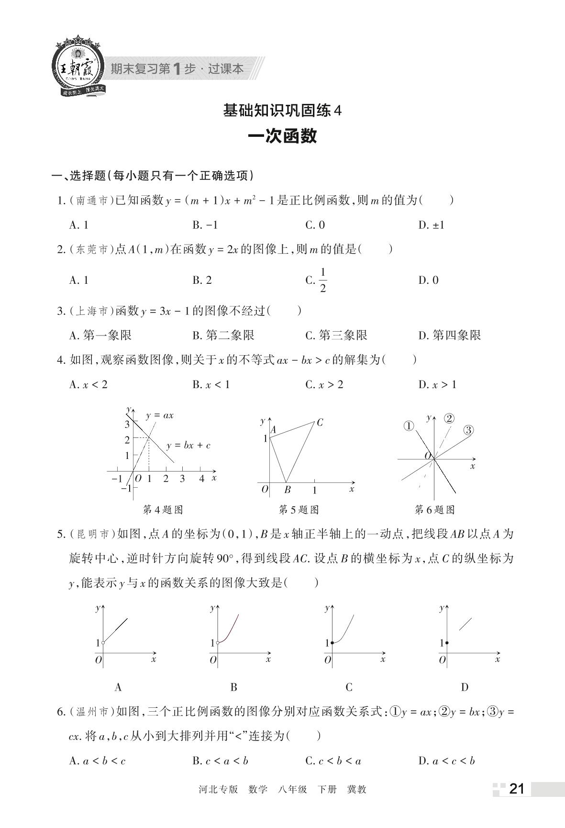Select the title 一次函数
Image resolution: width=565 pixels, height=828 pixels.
click(282, 136)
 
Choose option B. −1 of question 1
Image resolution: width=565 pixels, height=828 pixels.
click(205, 225)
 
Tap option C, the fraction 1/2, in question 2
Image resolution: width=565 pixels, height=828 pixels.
click(317, 280)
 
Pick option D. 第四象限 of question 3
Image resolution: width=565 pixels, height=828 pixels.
click(449, 336)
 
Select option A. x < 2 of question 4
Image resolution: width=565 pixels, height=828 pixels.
click(89, 385)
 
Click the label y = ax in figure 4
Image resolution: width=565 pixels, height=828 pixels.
click(160, 415)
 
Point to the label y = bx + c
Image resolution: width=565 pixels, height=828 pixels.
click(188, 446)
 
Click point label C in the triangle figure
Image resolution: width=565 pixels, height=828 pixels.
click(320, 422)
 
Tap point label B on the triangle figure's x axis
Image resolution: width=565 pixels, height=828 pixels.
click(288, 490)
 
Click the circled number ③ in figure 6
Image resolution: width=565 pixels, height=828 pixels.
click(468, 430)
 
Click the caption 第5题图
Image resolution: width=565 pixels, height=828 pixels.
click(299, 510)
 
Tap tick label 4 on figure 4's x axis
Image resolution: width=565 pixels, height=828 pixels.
click(201, 479)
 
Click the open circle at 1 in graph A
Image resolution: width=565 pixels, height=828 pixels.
click(103, 643)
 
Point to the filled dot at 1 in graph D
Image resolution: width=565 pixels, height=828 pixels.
click(446, 643)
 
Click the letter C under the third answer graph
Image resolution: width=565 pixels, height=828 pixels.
click(349, 687)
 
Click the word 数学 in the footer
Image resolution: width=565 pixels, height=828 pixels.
click(258, 790)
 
